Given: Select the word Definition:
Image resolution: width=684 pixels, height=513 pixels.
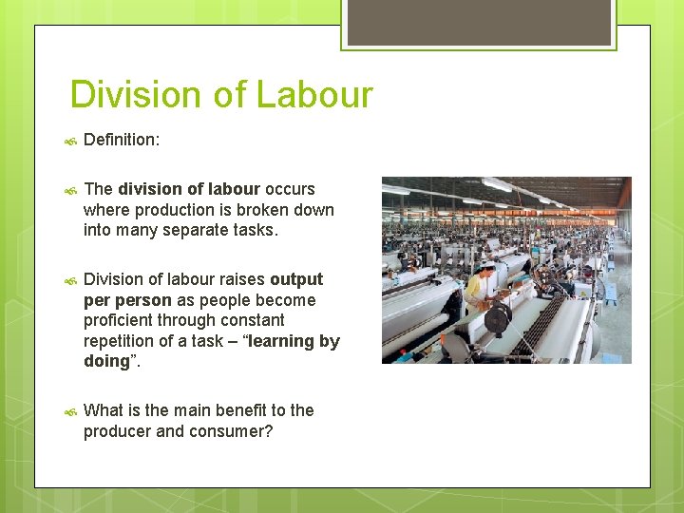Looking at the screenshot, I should [122, 141].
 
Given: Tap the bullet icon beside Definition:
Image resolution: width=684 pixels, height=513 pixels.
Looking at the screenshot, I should [69, 141].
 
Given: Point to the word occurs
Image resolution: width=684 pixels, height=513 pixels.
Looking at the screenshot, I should [290, 189].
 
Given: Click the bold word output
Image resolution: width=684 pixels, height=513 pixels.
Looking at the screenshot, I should [296, 279].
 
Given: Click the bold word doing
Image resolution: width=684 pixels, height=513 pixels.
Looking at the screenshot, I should [106, 362].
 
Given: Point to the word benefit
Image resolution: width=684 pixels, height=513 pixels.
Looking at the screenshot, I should [226, 410].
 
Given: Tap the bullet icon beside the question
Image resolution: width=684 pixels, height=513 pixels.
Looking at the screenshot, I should [69, 411].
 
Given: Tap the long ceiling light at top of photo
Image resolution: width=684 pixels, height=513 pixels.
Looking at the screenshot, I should [495, 184].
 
